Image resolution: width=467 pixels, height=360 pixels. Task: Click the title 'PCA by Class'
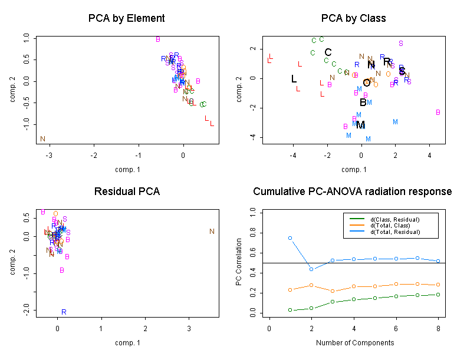(x=353, y=18)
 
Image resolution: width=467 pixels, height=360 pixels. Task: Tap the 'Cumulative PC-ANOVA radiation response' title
(x=353, y=191)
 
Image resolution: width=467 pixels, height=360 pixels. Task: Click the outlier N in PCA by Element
(x=42, y=139)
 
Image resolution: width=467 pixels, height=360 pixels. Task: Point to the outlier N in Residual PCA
(x=212, y=232)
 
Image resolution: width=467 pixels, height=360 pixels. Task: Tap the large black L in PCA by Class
(x=294, y=79)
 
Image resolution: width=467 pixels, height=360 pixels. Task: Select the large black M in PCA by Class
(x=360, y=125)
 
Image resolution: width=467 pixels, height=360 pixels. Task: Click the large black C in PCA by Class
(x=328, y=52)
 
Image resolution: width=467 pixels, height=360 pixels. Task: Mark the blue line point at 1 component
(x=290, y=238)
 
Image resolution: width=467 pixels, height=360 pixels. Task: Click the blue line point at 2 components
(x=311, y=269)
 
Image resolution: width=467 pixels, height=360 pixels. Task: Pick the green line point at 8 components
(x=438, y=295)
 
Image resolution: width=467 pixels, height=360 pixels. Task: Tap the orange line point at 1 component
(x=290, y=290)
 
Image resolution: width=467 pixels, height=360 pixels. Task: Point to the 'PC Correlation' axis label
(x=239, y=262)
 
